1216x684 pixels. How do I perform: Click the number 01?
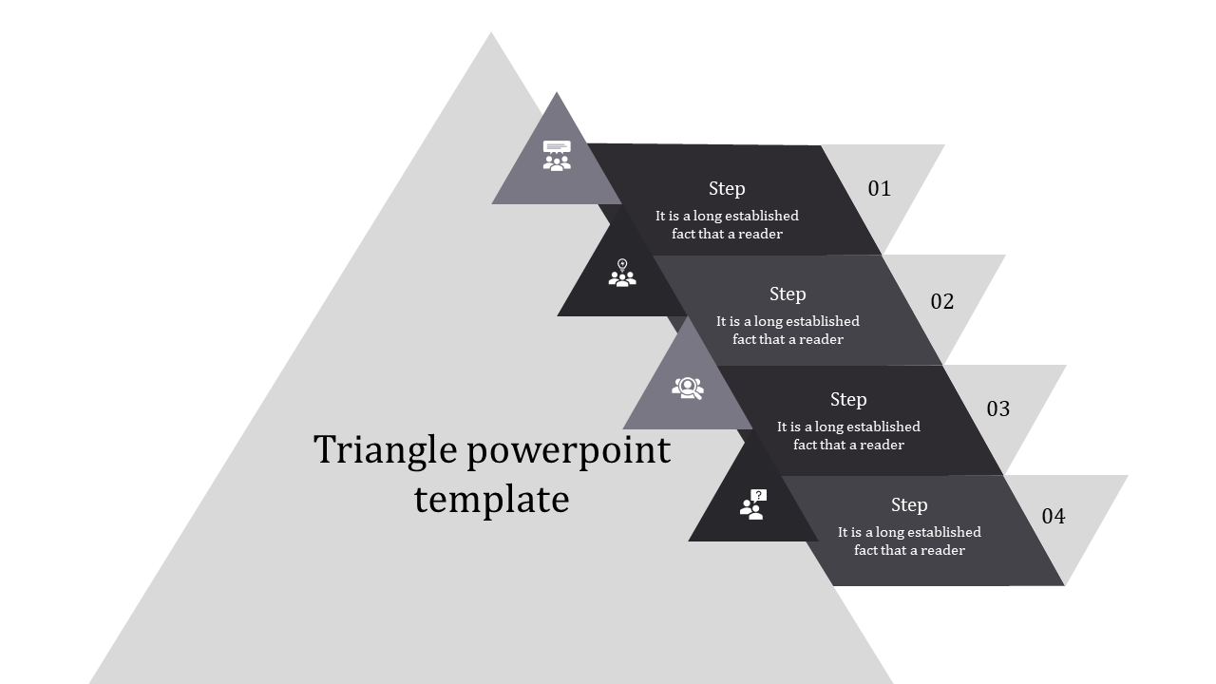point(880,188)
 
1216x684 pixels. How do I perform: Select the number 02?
point(941,301)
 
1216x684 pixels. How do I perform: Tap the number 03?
point(997,408)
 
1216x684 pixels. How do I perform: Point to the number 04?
point(1054,516)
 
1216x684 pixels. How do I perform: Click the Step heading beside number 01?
point(727,188)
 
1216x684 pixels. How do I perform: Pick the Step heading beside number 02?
point(788,294)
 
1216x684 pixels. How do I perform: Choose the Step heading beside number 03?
point(848,399)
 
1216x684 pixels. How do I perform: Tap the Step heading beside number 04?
point(909,504)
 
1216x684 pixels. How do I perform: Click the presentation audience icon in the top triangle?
point(557,156)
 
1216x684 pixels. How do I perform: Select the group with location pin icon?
point(622,274)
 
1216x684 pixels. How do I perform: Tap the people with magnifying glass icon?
point(688,388)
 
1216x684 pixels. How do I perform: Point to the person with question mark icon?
point(752,503)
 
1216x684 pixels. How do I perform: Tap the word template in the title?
point(491,499)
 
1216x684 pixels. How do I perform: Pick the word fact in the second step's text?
point(745,339)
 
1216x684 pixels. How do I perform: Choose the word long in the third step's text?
point(830,427)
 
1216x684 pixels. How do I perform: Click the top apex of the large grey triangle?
point(491,35)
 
